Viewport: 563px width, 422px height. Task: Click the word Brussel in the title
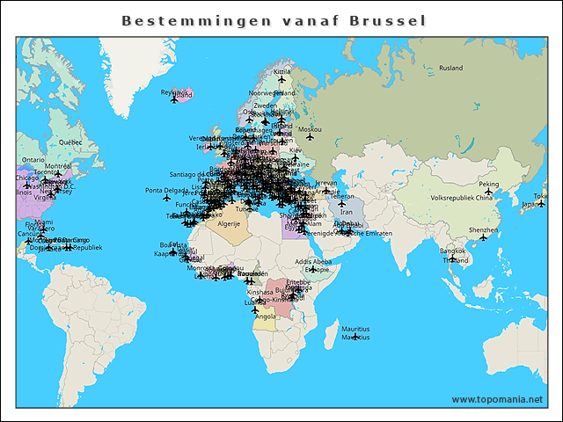tap(388, 20)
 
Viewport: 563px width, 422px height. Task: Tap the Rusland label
tap(450, 68)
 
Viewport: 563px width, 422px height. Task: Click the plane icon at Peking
tap(489, 192)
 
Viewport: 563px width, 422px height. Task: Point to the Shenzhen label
tap(483, 229)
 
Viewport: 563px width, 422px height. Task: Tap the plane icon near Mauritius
tap(355, 337)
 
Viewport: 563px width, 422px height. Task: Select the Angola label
tap(265, 316)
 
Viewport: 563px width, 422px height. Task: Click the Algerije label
tap(229, 224)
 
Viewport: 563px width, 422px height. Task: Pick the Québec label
tap(69, 142)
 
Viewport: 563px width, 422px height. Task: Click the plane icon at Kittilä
tap(281, 79)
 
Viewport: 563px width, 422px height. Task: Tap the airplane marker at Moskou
tap(310, 136)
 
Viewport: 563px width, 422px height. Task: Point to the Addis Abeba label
tap(314, 261)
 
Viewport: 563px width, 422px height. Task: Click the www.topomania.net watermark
tap(498, 399)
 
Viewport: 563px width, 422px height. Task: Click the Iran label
tap(346, 212)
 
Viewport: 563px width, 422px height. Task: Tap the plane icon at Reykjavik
tap(173, 98)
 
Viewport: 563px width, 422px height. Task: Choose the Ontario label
tap(33, 160)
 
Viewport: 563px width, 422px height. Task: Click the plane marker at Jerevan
tap(326, 190)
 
